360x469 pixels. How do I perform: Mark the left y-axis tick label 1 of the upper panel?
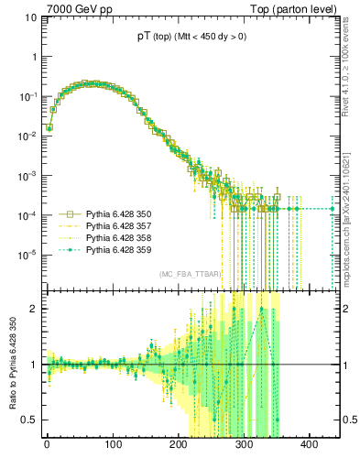32,58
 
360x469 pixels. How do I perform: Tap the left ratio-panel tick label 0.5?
28,420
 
